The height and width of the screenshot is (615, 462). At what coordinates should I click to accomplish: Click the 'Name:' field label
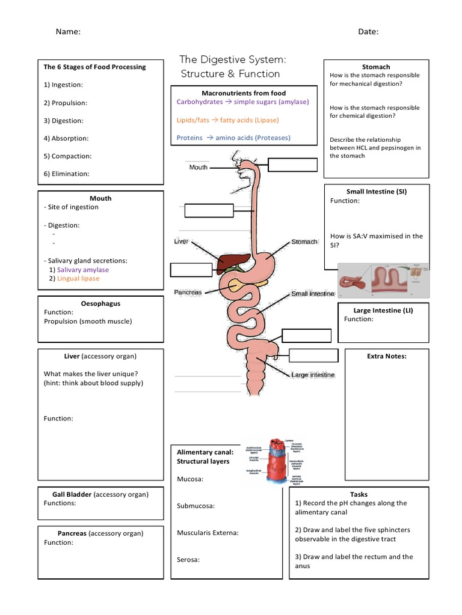pyautogui.click(x=68, y=32)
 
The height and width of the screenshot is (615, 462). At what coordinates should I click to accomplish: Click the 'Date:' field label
pyautogui.click(x=368, y=32)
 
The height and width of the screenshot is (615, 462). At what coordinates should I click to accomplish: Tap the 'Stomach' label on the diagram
pyautogui.click(x=304, y=241)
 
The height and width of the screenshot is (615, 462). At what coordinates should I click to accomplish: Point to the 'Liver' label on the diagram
pyautogui.click(x=181, y=241)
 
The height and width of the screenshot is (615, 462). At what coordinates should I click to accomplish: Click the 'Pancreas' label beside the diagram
pyautogui.click(x=187, y=292)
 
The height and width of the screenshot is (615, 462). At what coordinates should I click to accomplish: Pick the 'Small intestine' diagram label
pyautogui.click(x=312, y=294)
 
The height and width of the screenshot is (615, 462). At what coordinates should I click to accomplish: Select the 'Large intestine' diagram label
pyautogui.click(x=313, y=375)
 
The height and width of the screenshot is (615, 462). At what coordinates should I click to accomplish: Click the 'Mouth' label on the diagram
pyautogui.click(x=198, y=167)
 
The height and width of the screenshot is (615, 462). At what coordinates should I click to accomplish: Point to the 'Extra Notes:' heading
pyautogui.click(x=387, y=356)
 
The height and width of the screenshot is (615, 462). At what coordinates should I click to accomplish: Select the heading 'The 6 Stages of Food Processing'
pyautogui.click(x=94, y=67)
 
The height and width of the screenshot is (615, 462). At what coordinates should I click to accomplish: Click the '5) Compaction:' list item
pyautogui.click(x=67, y=156)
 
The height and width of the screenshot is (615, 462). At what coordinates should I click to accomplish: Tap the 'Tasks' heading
pyautogui.click(x=359, y=494)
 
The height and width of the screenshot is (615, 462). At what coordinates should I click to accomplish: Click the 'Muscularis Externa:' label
pyautogui.click(x=208, y=533)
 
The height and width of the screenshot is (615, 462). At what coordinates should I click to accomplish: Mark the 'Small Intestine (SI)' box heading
pyautogui.click(x=377, y=192)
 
